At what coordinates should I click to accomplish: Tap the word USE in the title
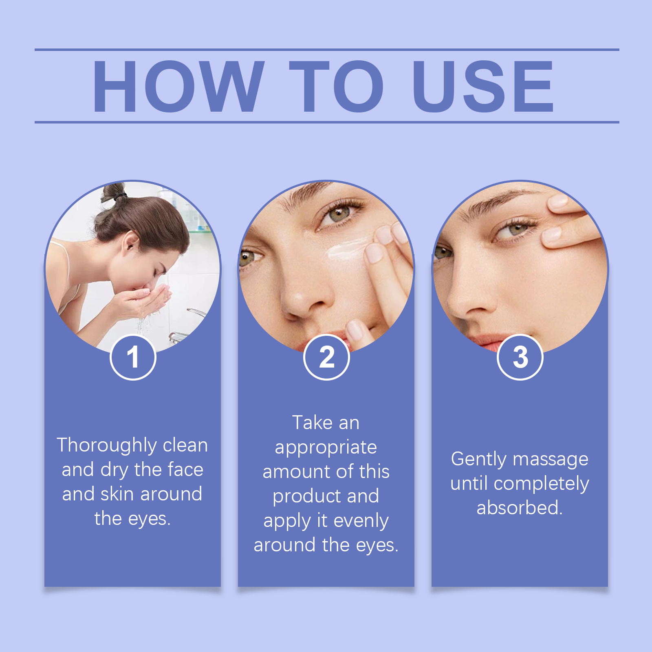[483, 86]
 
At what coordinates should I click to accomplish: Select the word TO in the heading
[336, 86]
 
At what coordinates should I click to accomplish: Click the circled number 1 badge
[133, 357]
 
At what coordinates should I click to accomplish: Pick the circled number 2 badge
[326, 357]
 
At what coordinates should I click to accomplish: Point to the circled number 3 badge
[520, 357]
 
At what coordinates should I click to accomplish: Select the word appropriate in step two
[326, 447]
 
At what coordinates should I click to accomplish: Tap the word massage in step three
[551, 459]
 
